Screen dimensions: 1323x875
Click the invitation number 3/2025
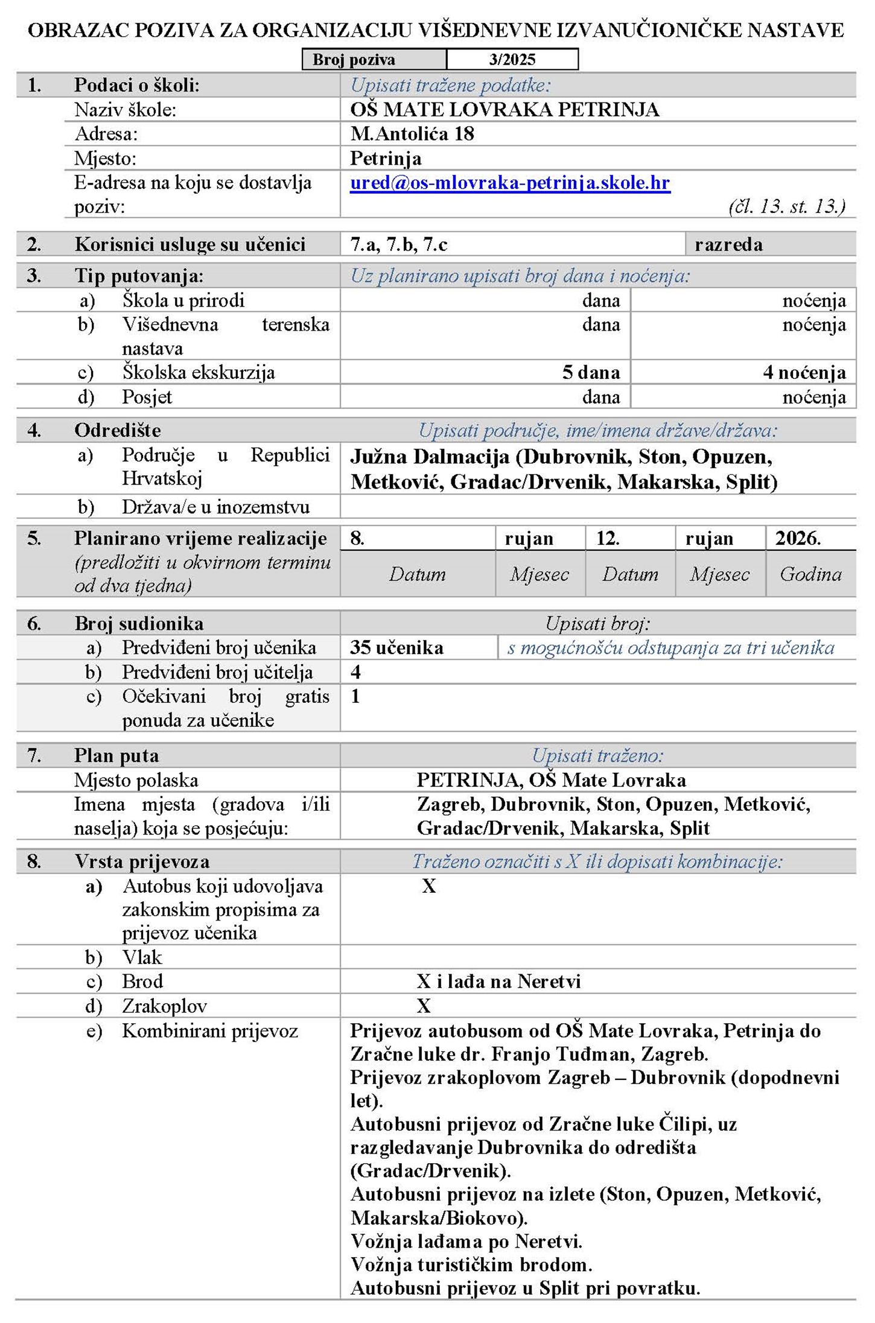[x=512, y=59]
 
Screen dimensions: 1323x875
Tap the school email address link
[x=510, y=183]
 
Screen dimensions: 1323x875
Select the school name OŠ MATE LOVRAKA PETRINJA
[x=504, y=110]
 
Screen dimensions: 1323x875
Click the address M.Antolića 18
[x=412, y=134]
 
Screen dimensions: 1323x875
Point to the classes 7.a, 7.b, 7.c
[x=399, y=244]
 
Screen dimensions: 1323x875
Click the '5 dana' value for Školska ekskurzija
[x=591, y=372]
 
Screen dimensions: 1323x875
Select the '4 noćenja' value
[x=804, y=372]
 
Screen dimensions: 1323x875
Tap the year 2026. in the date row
[x=798, y=538]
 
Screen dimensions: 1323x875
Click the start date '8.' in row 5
[x=357, y=538]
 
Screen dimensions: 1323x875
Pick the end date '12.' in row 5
[x=607, y=538]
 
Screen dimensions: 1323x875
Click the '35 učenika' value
[x=396, y=647]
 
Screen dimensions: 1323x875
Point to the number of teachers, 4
[x=355, y=672]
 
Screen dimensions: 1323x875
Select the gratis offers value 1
[x=355, y=696]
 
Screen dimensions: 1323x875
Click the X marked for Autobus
[x=428, y=886]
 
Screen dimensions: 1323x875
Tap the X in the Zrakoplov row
[x=424, y=1006]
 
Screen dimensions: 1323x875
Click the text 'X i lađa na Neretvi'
[x=498, y=982]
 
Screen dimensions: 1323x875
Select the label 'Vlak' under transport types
[x=142, y=957]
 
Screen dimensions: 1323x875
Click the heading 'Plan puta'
[x=116, y=755]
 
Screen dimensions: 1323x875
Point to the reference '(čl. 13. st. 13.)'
[x=786, y=206]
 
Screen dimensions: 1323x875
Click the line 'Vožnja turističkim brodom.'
[x=471, y=1264]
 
